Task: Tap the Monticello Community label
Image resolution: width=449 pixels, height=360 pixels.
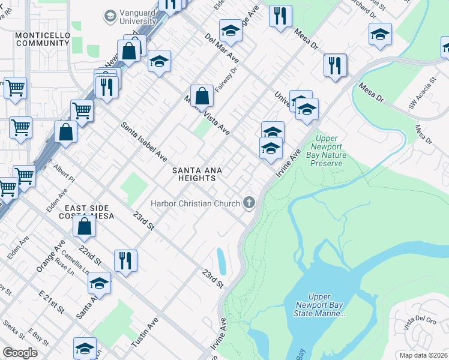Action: click(43, 40)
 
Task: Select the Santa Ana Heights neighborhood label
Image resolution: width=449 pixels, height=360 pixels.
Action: click(198, 174)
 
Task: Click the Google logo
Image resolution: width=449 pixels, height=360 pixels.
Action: click(20, 353)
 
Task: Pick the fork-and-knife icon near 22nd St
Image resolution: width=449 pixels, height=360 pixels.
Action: click(125, 260)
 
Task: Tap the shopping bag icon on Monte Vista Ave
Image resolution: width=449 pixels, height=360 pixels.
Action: click(202, 95)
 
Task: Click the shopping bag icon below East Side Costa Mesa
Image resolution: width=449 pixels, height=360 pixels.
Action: click(85, 226)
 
